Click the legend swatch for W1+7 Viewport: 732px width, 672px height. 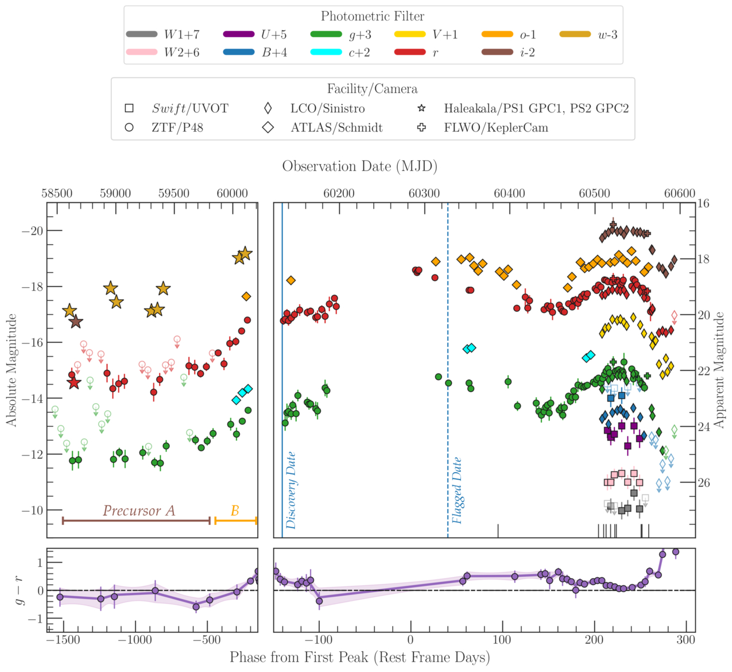142,34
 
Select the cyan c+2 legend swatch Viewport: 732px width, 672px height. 326,52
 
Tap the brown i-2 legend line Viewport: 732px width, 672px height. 497,52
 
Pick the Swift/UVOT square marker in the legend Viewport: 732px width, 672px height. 129,109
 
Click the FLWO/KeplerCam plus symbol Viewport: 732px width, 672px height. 422,128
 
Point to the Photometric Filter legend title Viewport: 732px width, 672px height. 373,16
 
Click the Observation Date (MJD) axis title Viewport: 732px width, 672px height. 360,167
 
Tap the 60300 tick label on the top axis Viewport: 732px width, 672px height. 424,194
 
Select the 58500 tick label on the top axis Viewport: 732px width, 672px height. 57,194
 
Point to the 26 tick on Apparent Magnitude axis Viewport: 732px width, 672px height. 704,482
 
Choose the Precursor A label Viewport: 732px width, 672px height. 139,511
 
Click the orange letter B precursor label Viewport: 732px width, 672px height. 235,511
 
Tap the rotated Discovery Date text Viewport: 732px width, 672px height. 291,491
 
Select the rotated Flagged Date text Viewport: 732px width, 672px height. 457,491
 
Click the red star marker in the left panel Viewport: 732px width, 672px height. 73,383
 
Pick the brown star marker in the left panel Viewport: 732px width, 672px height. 76,322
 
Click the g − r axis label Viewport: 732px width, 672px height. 20,591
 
